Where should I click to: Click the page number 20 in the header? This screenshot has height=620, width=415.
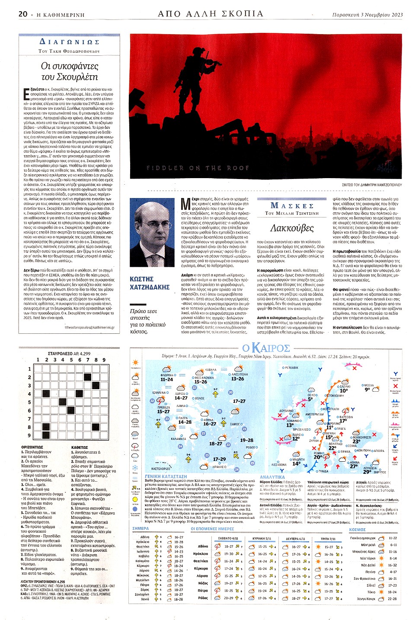click(23, 14)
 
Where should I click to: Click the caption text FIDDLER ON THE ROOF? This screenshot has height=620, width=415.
click(198, 168)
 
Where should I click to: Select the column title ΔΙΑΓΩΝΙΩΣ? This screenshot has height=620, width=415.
click(69, 42)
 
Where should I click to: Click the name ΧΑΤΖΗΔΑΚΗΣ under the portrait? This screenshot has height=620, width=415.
click(150, 287)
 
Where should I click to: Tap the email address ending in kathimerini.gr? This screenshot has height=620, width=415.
click(89, 327)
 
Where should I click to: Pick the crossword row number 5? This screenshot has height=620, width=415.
click(29, 402)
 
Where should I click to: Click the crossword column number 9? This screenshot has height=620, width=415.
click(104, 360)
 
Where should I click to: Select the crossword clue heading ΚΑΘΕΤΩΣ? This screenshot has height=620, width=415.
click(80, 447)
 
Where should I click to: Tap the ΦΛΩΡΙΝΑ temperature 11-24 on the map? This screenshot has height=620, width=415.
click(166, 380)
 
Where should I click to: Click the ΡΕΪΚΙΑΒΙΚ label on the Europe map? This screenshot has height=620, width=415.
click(290, 368)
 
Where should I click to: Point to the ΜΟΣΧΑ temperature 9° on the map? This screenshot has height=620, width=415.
click(367, 390)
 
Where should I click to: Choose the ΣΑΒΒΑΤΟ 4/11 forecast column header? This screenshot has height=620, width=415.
click(228, 538)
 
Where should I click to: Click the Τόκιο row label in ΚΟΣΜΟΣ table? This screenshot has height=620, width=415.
click(371, 592)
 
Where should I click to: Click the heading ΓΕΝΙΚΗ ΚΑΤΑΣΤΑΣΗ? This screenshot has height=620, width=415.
click(166, 476)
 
